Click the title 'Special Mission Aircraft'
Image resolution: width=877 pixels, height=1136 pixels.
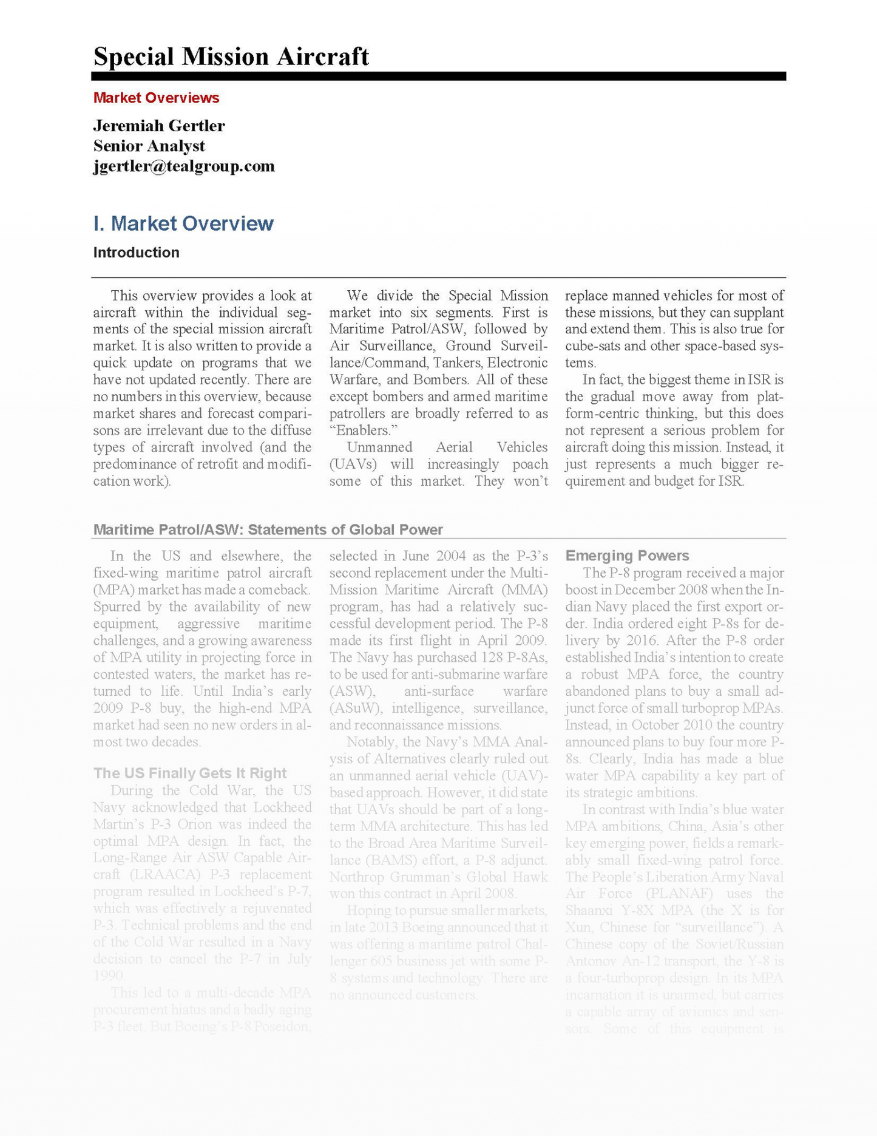[x=231, y=56]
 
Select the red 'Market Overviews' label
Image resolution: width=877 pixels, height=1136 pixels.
[x=156, y=98]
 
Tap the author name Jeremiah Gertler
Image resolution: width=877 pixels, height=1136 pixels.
[x=159, y=126]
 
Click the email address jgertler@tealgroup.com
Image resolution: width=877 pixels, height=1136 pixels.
[x=184, y=166]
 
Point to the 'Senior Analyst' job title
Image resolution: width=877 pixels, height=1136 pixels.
[x=149, y=146]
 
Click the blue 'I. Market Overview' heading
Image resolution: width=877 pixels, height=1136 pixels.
[x=183, y=223]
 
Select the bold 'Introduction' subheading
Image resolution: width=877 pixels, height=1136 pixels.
[x=136, y=253]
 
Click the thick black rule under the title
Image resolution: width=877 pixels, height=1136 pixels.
[x=438, y=76]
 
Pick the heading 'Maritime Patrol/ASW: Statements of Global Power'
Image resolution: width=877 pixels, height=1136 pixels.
[x=268, y=529]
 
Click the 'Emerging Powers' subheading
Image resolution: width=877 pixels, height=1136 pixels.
[x=627, y=556]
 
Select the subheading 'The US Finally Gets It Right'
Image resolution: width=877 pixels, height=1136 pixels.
[x=189, y=773]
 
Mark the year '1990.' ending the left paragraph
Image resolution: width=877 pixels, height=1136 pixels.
[x=109, y=976]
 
